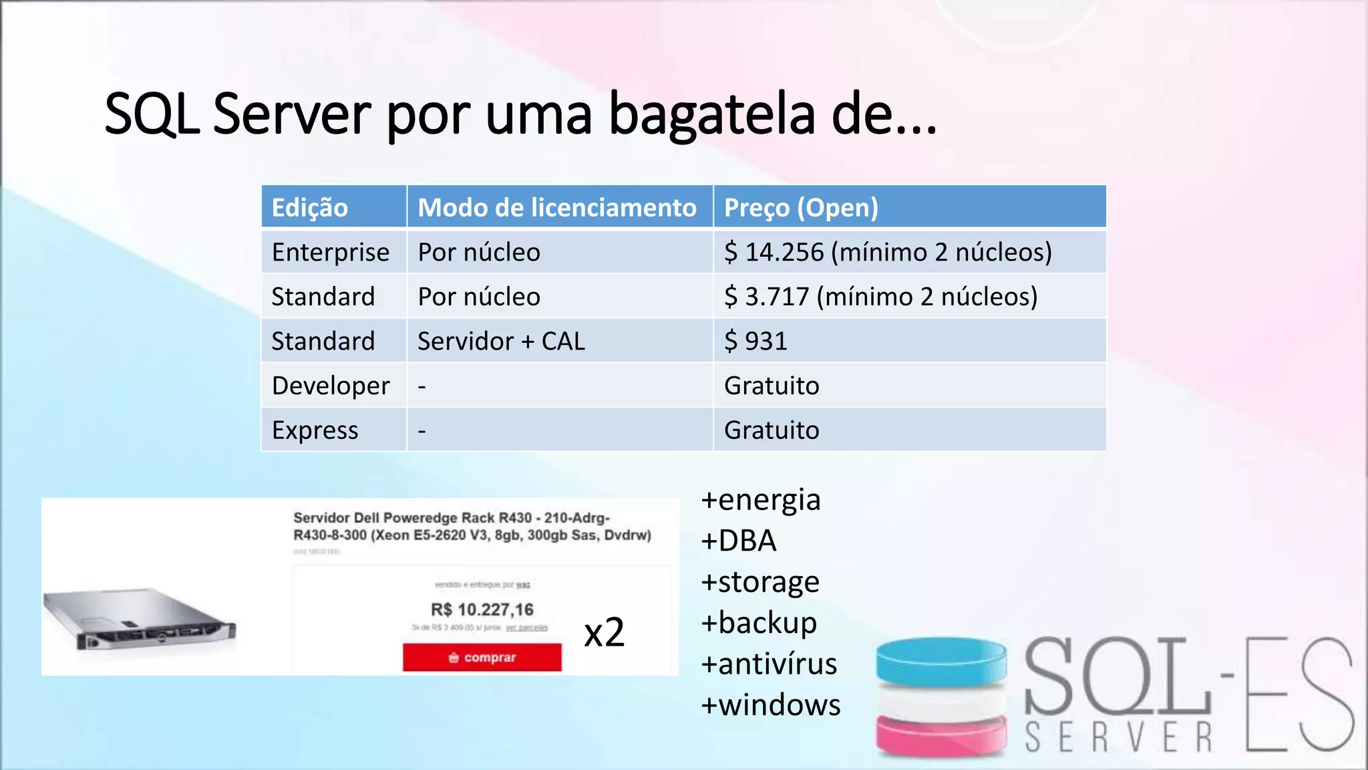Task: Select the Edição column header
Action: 310,208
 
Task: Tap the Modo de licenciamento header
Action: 557,208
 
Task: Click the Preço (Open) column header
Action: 801,208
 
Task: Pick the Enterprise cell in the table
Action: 331,253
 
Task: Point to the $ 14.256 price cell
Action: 888,253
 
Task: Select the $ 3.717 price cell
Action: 880,297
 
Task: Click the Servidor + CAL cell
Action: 501,342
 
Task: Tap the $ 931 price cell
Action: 755,342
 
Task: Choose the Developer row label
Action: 331,386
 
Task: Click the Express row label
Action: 315,430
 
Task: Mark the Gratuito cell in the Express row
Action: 772,430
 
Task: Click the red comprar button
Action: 482,658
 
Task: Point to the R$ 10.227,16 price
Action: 482,610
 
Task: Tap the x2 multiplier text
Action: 604,632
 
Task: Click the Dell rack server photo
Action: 140,618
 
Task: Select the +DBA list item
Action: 739,541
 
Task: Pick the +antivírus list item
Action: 769,664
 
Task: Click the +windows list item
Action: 771,705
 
